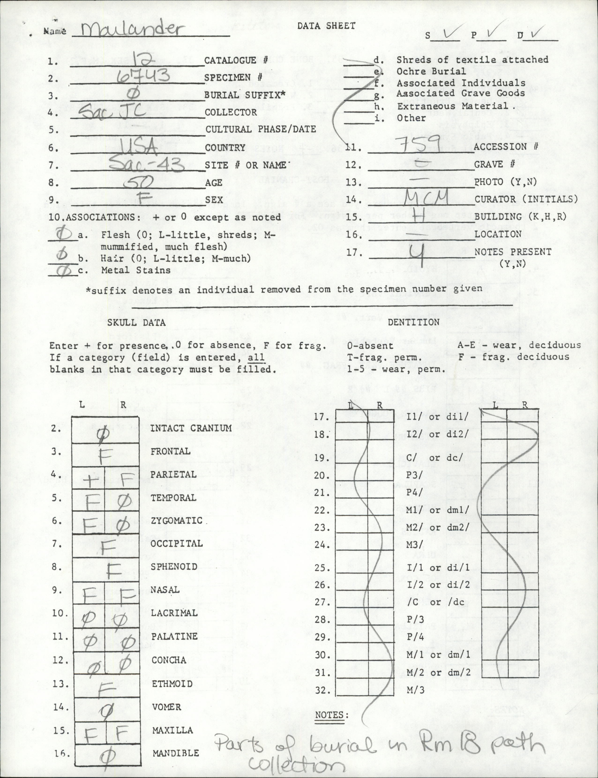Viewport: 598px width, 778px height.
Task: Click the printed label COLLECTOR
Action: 230,112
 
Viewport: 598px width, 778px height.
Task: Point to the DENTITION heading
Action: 413,322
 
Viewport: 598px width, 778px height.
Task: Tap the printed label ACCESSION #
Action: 505,147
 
